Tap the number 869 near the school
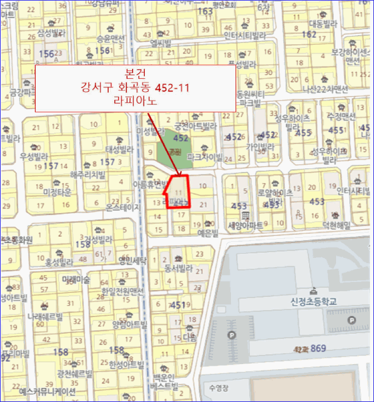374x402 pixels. click(318, 348)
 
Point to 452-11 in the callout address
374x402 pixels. click(172, 87)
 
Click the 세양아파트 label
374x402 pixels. click(245, 225)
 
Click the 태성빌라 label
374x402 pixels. click(119, 149)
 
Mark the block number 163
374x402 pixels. click(205, 11)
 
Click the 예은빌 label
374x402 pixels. click(208, 233)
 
